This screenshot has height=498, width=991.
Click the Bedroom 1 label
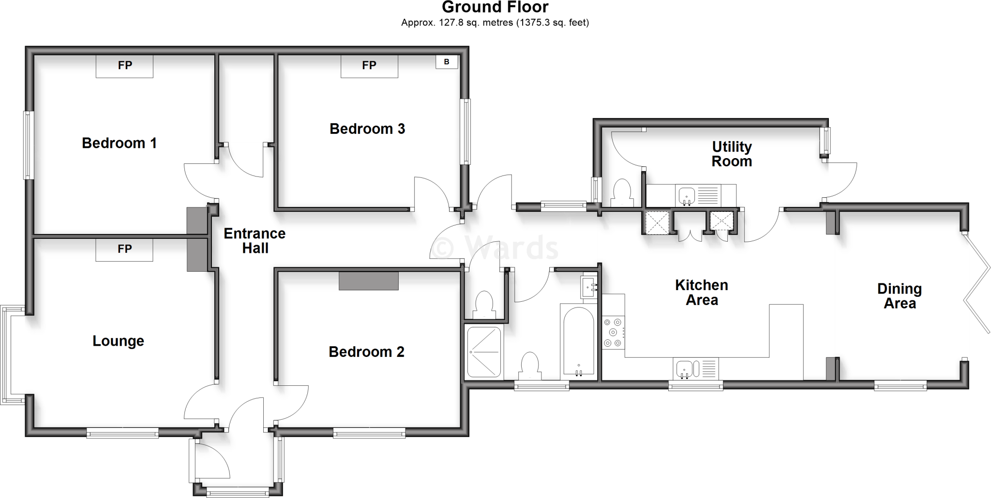119,143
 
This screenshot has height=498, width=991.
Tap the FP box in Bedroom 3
369,66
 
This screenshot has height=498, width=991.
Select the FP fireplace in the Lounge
124,249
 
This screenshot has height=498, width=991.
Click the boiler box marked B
447,62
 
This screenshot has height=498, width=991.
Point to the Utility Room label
732,154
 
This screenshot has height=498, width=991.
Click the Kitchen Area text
701,293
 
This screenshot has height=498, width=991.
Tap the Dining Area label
900,296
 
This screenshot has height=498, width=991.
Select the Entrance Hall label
255,241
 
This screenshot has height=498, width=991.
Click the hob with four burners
613,332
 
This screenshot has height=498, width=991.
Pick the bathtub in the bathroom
578,341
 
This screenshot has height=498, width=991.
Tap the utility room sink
687,196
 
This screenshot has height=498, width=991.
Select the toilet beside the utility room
622,192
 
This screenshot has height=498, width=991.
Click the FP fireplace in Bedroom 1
124,66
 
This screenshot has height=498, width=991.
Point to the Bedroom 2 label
366,352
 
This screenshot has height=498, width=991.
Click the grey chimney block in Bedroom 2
368,281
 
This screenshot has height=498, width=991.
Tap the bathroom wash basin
589,288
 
